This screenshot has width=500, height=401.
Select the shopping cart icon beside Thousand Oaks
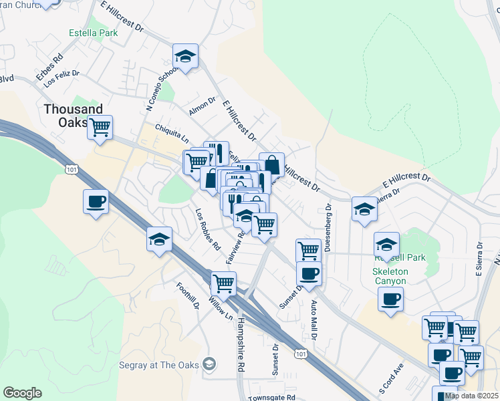[x=100, y=127]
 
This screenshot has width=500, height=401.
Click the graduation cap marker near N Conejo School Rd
[x=186, y=57]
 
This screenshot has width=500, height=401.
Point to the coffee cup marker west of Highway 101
[x=96, y=201]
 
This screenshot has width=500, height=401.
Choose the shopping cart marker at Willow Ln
[x=223, y=283]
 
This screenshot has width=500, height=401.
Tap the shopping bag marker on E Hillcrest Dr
[x=271, y=164]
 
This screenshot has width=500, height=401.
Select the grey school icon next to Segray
[x=209, y=364]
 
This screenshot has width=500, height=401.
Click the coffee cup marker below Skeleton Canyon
[x=390, y=299]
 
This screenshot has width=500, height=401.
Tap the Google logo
[x=22, y=393]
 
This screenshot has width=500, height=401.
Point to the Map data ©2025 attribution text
[x=471, y=396]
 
